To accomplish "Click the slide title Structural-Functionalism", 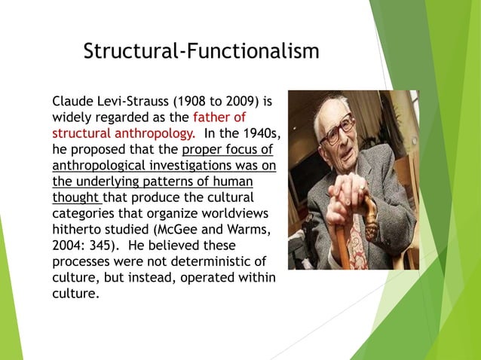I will coord(201,51).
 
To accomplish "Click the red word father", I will coord(213,117).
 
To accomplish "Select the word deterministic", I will coord(208,262).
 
